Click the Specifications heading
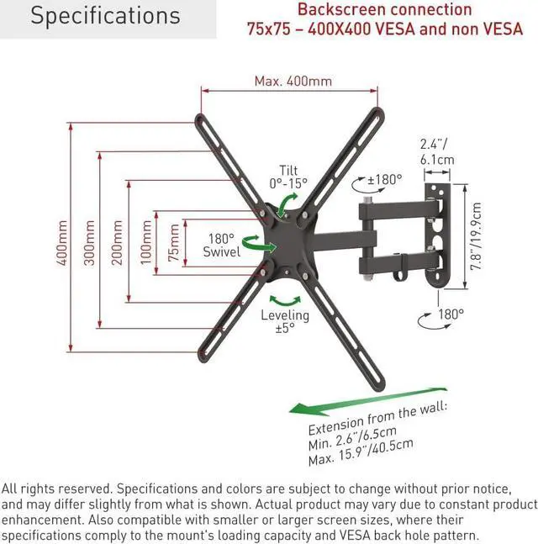click(x=106, y=16)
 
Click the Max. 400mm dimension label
click(x=293, y=81)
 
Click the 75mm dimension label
click(x=173, y=243)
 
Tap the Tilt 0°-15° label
click(x=288, y=176)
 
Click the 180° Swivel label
click(x=221, y=245)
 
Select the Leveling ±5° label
click(x=284, y=322)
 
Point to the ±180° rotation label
click(x=385, y=179)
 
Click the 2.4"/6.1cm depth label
click(x=437, y=151)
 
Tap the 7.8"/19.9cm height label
click(x=476, y=235)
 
